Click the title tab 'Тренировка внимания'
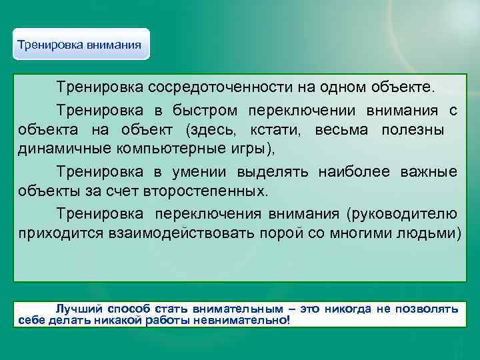(79, 45)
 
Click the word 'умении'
(199, 172)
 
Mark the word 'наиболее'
(354, 172)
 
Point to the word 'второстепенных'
(204, 192)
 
